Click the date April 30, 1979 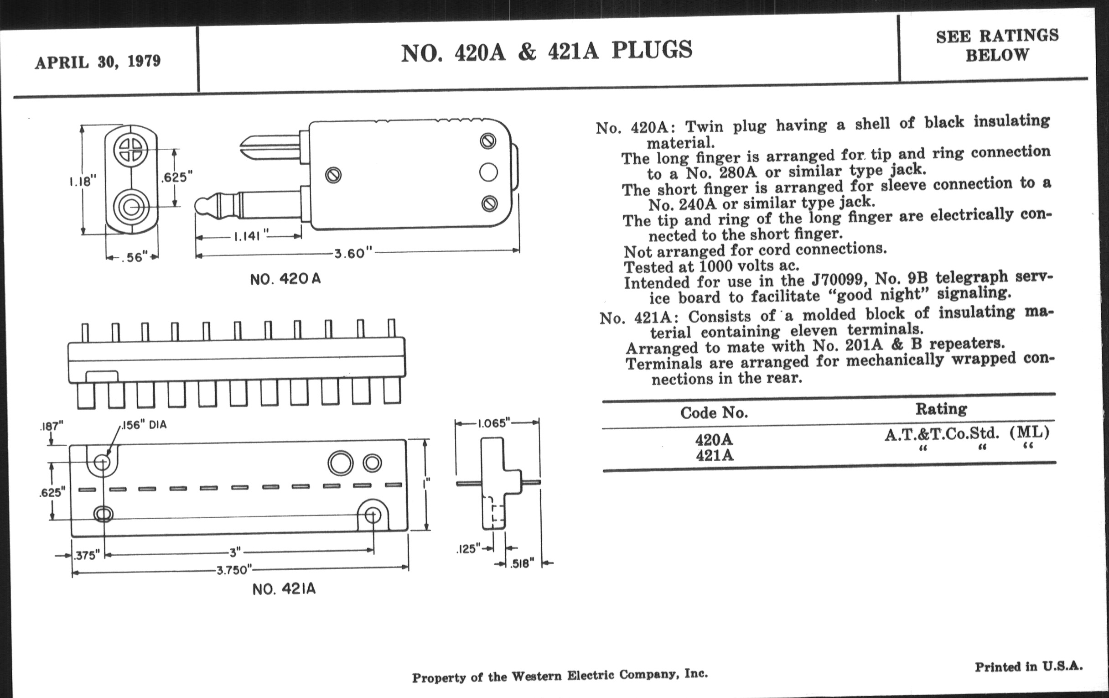coord(98,61)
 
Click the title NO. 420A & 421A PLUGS coord(546,51)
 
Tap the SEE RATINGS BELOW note coord(997,45)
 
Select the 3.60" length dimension coord(353,253)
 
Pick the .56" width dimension coord(134,257)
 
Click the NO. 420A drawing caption coord(285,279)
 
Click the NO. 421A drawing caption coord(284,589)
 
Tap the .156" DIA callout coord(144,425)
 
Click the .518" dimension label coord(522,563)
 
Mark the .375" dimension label coord(87,556)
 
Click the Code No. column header coord(714,412)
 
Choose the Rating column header coord(941,409)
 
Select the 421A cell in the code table coord(714,455)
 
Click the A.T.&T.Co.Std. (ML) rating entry coord(966,433)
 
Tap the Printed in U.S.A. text coord(1028,666)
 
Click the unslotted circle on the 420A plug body coord(488,172)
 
